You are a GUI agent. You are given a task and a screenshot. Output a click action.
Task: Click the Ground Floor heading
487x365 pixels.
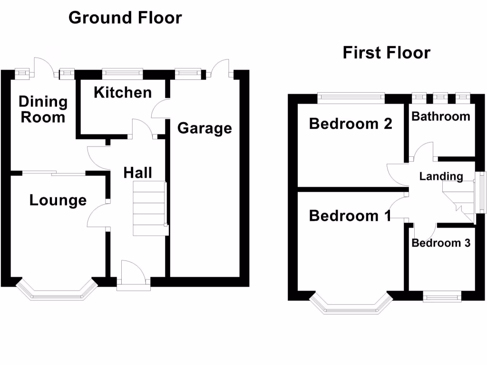(x=125, y=18)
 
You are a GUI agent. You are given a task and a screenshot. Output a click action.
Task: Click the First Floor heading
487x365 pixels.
(x=386, y=52)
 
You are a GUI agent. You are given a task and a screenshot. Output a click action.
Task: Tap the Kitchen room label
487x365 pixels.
(x=123, y=92)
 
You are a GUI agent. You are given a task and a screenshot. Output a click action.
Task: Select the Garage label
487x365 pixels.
(x=205, y=128)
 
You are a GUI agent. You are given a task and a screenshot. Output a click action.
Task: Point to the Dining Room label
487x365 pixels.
(x=43, y=109)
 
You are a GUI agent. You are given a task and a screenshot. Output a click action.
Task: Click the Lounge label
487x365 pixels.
(x=58, y=200)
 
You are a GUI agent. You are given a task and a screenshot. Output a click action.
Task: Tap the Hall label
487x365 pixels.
(x=138, y=172)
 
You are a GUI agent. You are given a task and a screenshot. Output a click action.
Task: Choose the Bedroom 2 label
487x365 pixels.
(x=351, y=124)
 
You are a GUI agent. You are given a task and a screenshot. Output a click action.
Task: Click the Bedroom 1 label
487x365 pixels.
(x=350, y=216)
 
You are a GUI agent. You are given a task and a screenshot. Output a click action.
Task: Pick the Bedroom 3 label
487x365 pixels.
(x=441, y=243)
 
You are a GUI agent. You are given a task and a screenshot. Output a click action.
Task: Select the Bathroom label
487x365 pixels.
(x=440, y=116)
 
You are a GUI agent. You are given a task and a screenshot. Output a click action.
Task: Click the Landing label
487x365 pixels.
(x=441, y=176)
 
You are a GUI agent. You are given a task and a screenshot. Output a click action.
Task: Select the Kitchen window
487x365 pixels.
(x=123, y=73)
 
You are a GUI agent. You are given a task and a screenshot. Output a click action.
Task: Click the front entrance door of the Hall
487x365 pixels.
(x=134, y=276)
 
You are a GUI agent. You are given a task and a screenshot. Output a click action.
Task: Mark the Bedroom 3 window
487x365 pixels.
(x=442, y=297)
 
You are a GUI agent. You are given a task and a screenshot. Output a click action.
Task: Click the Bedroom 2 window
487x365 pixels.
(x=351, y=97)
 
